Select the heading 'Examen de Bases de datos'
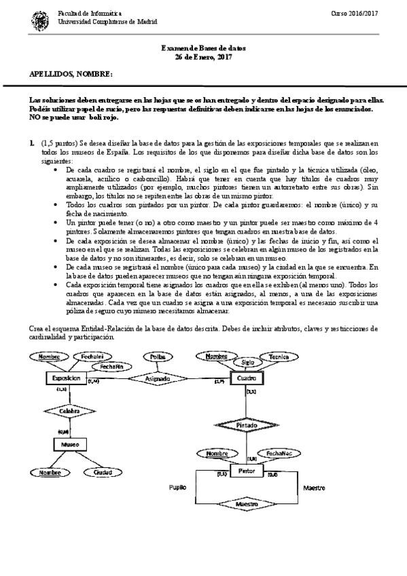coord(203,49)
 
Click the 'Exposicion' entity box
coord(66,378)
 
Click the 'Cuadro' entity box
coord(247,378)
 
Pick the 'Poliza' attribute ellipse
coord(158,357)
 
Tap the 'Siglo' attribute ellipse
coord(247,363)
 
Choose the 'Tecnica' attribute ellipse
coord(279,357)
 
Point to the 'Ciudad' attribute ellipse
coord(103,472)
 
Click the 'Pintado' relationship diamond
coord(247,424)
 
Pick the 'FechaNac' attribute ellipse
coord(279,452)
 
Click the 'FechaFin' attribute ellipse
coord(111,366)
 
